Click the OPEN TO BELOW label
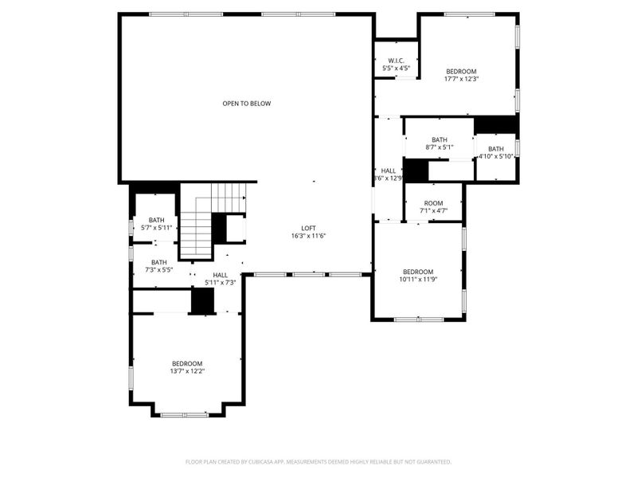coord(246,104)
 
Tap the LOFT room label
coord(308,226)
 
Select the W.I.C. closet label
coord(396,61)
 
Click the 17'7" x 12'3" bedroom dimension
coord(461,79)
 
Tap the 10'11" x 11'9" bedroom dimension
coord(417,280)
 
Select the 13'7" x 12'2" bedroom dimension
coord(186,371)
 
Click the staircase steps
coord(197,227)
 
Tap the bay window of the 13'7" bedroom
coord(185,414)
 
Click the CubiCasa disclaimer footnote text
coord(318,461)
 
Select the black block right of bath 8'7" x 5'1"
coord(496,125)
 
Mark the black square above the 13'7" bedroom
coord(203,300)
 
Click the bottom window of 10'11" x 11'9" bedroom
coord(419,319)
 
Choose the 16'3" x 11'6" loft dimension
coord(308,235)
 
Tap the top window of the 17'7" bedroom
coord(468,14)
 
